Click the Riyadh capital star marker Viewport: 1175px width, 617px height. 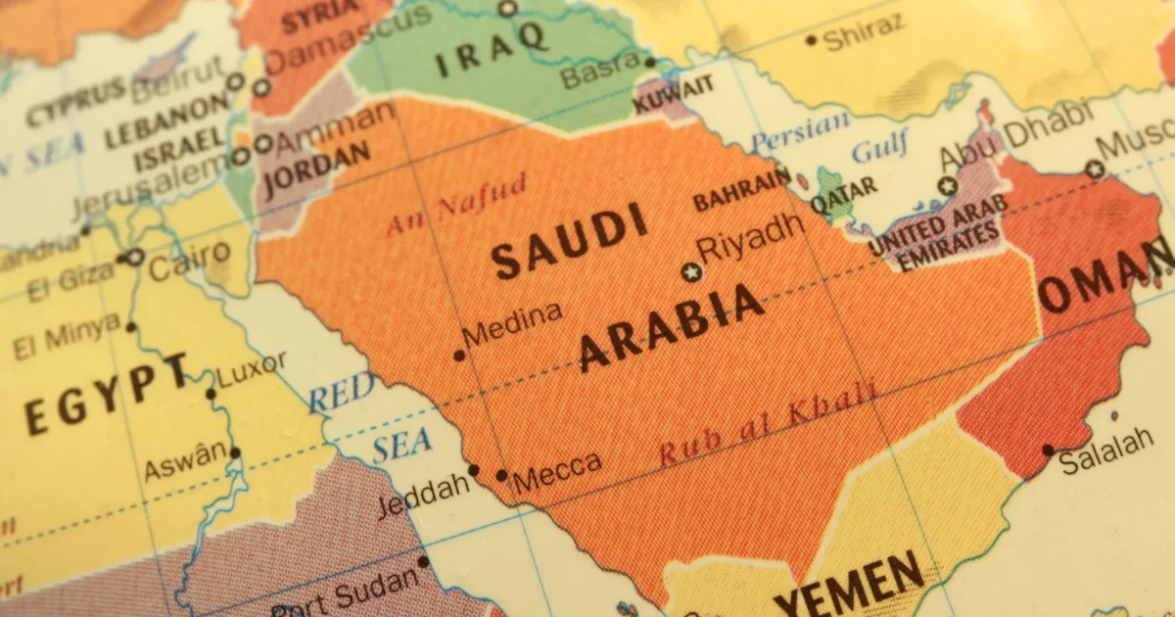pos(692,272)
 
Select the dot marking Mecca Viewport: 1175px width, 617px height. pos(501,475)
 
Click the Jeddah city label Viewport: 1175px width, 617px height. pos(422,496)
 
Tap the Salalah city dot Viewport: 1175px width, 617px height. pos(1048,451)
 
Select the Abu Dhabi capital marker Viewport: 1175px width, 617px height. pos(946,185)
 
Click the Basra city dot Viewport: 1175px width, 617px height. pos(649,62)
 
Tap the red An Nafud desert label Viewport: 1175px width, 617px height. pos(456,204)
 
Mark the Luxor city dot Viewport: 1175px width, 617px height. pos(211,394)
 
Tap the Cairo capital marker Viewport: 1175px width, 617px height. pos(135,258)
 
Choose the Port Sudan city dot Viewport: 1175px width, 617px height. pos(423,561)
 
